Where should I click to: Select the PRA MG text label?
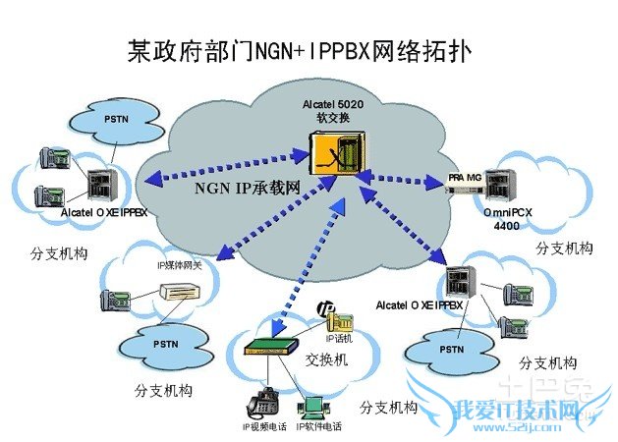(464, 175)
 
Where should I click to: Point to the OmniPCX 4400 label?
(508, 217)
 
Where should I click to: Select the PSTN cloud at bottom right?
(451, 348)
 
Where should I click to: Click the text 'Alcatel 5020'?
(333, 104)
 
